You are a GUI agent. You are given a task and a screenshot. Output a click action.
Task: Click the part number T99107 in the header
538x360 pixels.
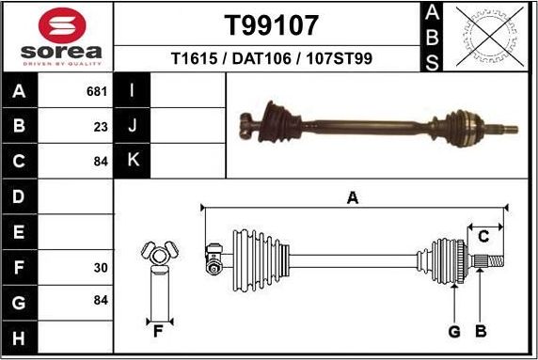pos(270,24)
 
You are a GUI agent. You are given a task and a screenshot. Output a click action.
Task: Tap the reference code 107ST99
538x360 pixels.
pos(337,58)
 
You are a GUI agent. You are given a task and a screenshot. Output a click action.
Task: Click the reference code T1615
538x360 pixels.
pos(192,58)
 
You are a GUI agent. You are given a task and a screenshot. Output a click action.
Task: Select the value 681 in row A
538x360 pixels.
pos(96,92)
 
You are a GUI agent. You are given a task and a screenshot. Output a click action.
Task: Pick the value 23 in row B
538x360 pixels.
pos(101,126)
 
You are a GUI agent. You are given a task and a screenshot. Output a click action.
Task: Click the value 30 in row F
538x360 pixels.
pos(101,268)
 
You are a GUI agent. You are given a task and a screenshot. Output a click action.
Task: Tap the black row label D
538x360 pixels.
pos(20,197)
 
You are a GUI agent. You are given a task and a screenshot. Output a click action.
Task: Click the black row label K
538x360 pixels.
pos(133,160)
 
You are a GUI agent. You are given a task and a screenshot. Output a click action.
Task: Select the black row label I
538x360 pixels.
pos(133,92)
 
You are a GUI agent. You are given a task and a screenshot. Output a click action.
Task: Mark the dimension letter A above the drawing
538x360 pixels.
pos(353,197)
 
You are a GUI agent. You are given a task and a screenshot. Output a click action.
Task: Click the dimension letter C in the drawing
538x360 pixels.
pos(483,235)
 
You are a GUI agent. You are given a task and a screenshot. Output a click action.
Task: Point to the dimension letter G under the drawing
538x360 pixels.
pos(454,331)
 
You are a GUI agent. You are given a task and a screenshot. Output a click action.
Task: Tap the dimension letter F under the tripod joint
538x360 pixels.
pos(159,330)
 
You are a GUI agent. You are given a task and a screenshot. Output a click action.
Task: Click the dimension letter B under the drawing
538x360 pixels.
pos(480,331)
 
